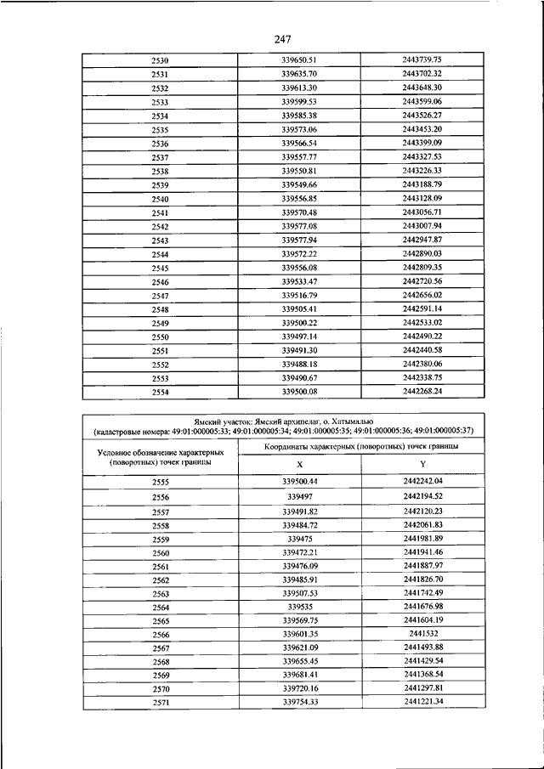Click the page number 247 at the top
284,38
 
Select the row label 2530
160,61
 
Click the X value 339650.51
299,59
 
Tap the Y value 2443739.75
422,59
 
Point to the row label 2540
160,200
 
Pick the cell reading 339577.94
299,240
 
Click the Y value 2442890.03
422,253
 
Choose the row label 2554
160,392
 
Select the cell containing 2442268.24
422,391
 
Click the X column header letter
299,464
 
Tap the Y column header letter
422,464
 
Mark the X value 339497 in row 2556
299,495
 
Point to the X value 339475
299,538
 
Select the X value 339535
299,607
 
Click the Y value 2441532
422,634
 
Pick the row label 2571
160,704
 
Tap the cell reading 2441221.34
422,702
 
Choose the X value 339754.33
299,702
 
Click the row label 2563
160,594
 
